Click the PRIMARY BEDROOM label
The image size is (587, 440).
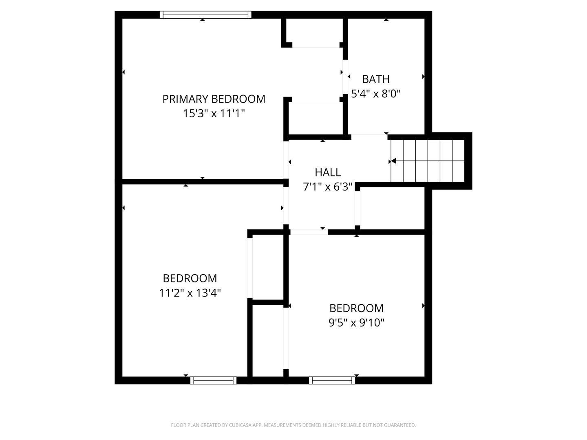214,99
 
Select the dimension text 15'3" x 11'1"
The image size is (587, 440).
214,114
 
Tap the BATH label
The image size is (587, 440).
375,79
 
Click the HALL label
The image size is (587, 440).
328,172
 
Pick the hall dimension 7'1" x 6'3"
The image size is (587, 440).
328,187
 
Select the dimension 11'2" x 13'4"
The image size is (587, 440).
190,293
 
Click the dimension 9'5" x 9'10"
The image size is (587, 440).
356,323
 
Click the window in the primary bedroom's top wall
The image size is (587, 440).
205,15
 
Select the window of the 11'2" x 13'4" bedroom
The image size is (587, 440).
213,380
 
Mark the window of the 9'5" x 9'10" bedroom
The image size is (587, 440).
332,380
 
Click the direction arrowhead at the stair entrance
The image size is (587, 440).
393,161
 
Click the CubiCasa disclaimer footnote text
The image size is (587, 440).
293,425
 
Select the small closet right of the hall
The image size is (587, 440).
391,209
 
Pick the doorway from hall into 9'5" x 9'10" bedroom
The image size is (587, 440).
309,232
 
